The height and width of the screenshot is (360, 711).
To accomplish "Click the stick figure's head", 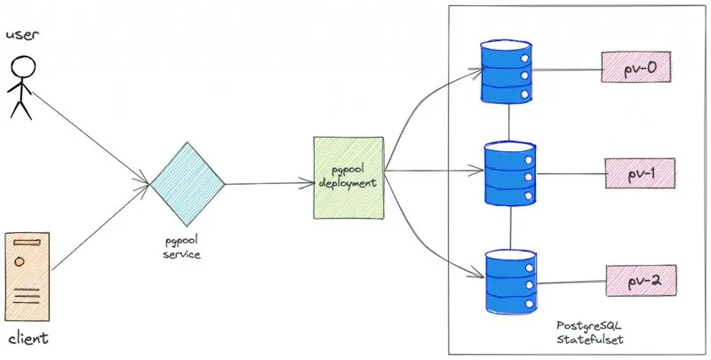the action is click(x=23, y=68).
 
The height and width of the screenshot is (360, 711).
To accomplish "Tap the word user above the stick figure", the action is click(x=23, y=36).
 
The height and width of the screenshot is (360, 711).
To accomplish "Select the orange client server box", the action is click(x=28, y=276).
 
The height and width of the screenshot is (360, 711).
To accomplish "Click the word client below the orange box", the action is click(x=28, y=339).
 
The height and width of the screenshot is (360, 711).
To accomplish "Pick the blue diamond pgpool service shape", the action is click(x=188, y=184).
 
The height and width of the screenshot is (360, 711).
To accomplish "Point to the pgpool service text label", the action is click(x=182, y=247).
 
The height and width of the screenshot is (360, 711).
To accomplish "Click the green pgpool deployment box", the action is click(x=348, y=177).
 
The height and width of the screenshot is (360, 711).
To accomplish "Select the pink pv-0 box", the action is click(x=635, y=67).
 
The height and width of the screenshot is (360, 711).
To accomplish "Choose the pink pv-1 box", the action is click(x=640, y=173).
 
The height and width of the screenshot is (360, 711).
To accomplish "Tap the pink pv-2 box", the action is click(x=641, y=281).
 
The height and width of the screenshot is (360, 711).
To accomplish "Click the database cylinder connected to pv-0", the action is click(x=506, y=72).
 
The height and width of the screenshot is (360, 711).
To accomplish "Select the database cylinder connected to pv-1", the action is click(x=509, y=173).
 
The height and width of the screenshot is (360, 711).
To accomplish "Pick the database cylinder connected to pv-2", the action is click(x=511, y=281).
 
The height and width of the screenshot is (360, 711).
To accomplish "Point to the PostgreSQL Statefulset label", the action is click(x=589, y=332).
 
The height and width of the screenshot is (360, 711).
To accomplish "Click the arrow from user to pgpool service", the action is click(x=91, y=139).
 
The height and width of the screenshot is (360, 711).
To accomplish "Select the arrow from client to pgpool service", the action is click(x=100, y=228).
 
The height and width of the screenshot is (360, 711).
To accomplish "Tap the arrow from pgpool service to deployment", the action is click(x=269, y=184).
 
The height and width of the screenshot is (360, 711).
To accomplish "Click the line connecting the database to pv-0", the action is click(x=567, y=70).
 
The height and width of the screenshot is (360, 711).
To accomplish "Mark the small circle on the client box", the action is click(x=20, y=261).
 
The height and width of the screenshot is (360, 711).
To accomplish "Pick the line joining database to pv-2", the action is click(x=571, y=282).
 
